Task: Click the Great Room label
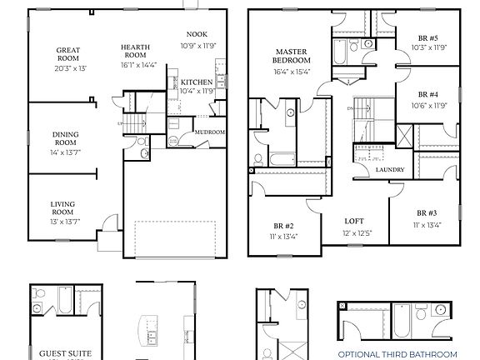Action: point(67,54)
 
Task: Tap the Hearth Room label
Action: point(135,52)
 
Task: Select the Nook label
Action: point(197,33)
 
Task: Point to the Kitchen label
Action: point(197,82)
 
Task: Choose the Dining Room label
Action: point(65,138)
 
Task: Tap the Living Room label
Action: point(63,207)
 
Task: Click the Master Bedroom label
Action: point(292,57)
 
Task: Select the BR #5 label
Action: point(429,37)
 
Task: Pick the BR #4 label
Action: point(428,95)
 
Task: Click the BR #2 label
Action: point(282,226)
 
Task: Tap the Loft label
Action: point(355,222)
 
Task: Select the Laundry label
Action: point(390,170)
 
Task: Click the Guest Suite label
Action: point(66,353)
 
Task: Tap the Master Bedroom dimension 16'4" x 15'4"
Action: point(292,72)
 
